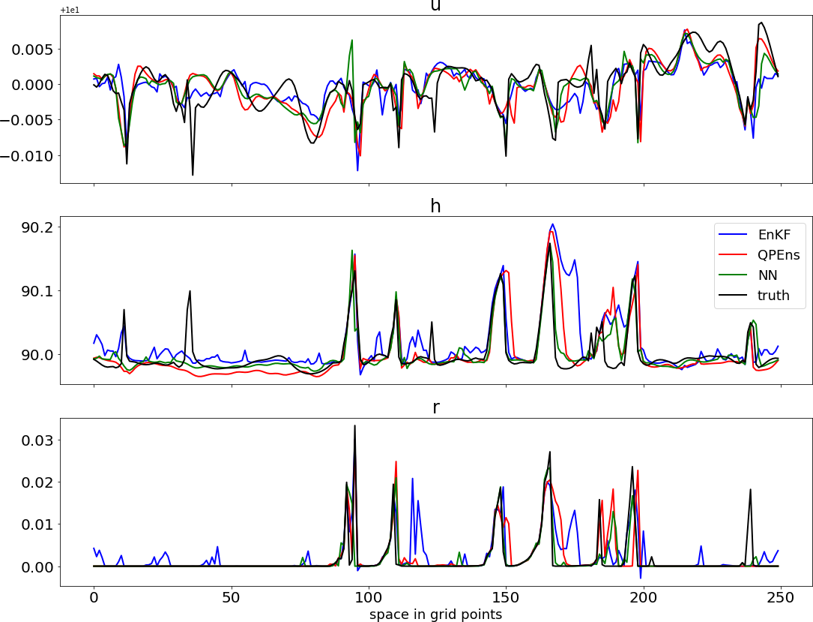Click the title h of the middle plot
[x=435, y=206]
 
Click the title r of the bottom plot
[x=435, y=407]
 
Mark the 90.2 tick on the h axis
[x=37, y=227]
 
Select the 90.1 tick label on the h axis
[x=37, y=290]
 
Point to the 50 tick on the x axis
[x=232, y=599]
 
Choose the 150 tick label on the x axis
[x=506, y=599]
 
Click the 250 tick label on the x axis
[x=781, y=599]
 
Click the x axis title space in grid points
[x=435, y=614]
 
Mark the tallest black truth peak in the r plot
[x=354, y=425]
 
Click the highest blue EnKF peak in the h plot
[x=552, y=224]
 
